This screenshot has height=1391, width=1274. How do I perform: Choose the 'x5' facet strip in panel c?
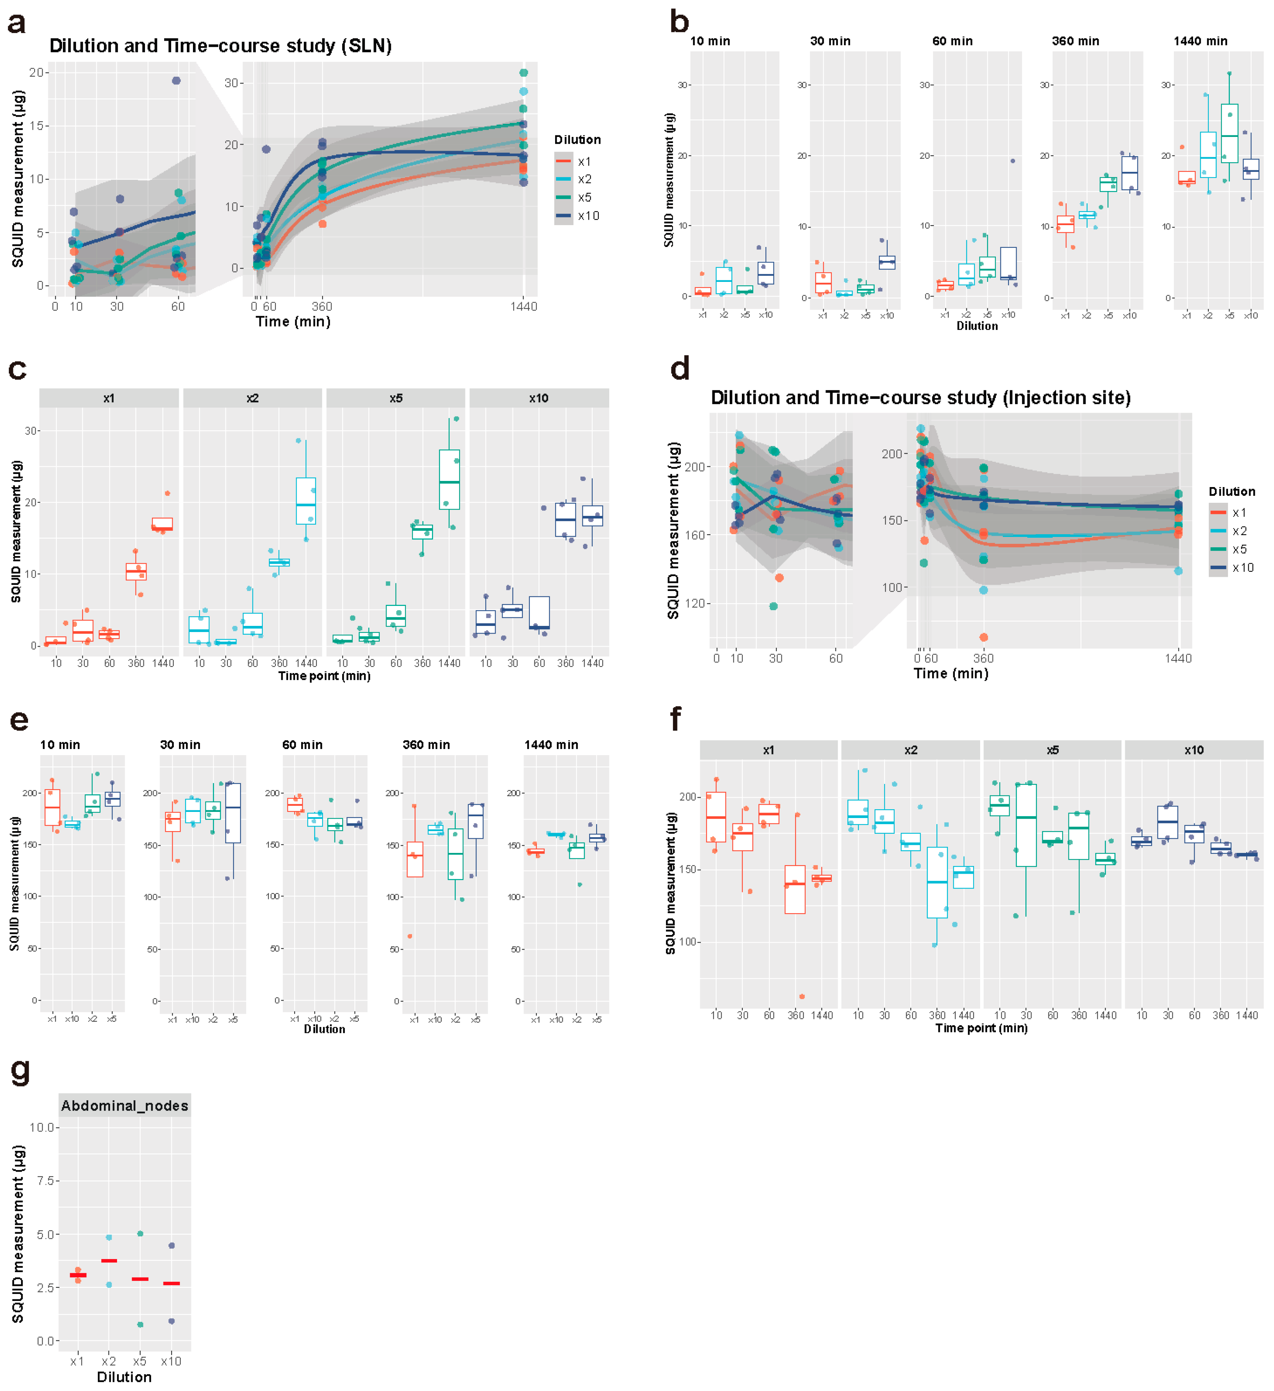pos(396,398)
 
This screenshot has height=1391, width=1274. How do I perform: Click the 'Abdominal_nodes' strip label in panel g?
pos(124,1105)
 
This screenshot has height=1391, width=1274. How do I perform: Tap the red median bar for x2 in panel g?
pos(109,1261)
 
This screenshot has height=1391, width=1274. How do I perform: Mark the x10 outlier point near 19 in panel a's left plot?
pos(176,81)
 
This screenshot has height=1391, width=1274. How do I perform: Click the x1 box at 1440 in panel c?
pos(162,524)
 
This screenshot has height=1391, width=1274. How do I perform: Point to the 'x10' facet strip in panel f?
pos(1193,750)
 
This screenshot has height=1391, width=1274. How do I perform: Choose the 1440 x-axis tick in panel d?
pos(1177,658)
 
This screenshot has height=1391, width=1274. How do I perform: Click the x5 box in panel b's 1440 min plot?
pos(1229,133)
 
